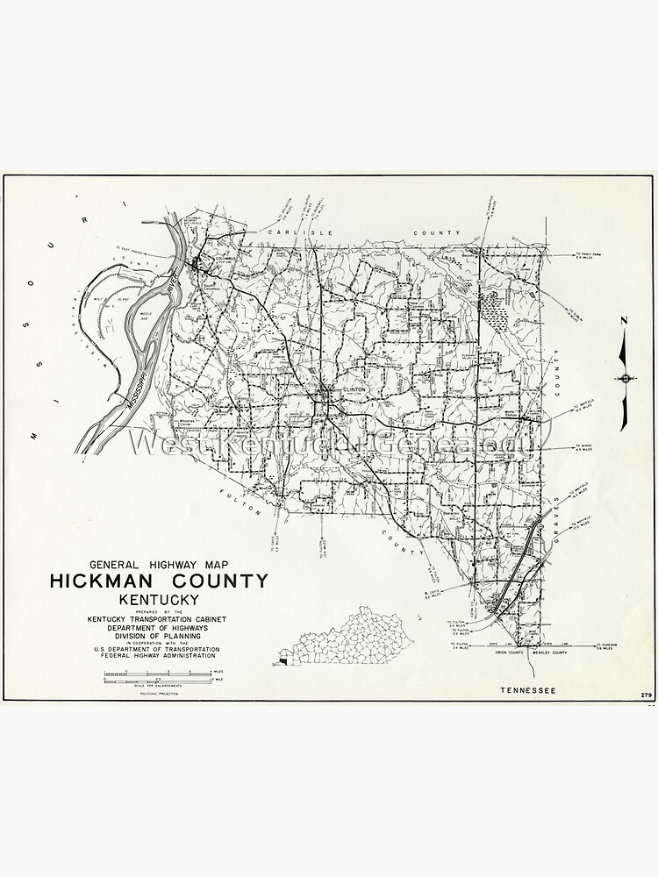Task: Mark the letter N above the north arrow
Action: point(624,321)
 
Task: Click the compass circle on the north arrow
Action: point(624,378)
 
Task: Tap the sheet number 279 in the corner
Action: point(646,695)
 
